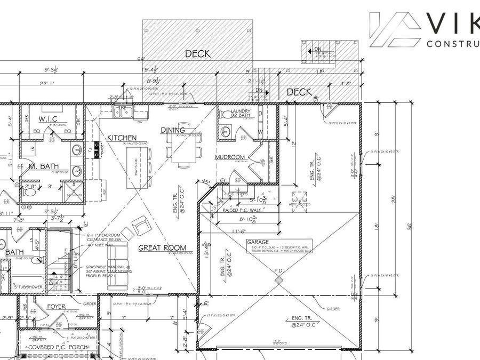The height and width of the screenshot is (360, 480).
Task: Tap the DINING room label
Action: click(x=173, y=130)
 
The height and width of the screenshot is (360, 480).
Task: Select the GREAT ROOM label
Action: click(x=163, y=247)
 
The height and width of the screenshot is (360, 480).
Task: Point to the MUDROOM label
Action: click(x=230, y=157)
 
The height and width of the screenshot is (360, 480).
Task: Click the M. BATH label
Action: click(x=44, y=166)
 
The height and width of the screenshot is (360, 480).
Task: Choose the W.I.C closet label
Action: click(x=47, y=118)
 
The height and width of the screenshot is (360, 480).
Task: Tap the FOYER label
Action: click(x=56, y=307)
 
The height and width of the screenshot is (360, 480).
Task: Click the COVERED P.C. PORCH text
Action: click(x=51, y=347)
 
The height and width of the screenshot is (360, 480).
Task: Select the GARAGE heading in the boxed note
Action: click(x=258, y=242)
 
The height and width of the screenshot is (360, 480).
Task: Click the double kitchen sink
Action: click(x=123, y=111)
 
